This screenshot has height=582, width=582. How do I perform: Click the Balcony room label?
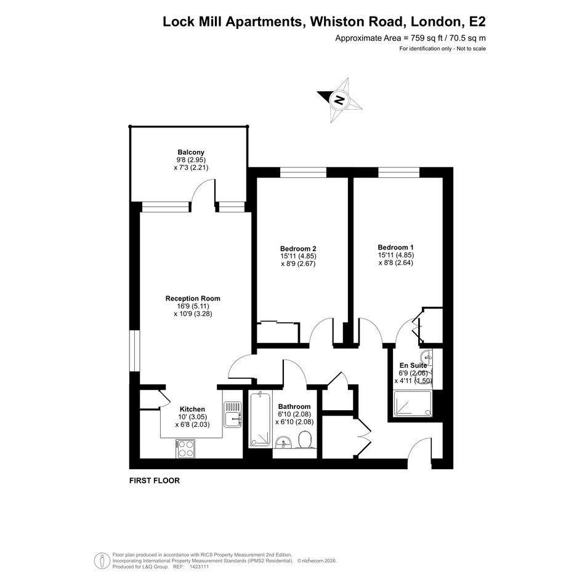coord(191,152)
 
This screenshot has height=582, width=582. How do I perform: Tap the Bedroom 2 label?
coord(298,249)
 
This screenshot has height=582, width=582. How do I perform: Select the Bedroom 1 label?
coord(395,247)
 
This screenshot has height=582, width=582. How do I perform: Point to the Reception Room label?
coord(193,299)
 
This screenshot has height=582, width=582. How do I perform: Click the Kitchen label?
coord(192,409)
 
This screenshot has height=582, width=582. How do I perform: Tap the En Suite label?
coord(413,365)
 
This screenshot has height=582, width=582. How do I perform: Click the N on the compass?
coord(339,100)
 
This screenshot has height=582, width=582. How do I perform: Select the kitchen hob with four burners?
coord(185,448)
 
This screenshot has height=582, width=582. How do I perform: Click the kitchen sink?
coord(233,414)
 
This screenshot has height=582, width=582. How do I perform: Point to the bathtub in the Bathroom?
coord(260,419)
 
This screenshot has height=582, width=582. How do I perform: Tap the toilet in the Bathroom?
coord(304,440)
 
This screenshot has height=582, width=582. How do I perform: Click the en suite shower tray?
coord(413,403)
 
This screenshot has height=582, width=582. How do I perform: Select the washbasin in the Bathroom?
coord(284,442)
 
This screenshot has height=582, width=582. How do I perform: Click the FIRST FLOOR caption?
coord(155,480)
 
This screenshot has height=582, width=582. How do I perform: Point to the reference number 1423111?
coord(199,567)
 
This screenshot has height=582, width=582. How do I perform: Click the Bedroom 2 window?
coord(303,172)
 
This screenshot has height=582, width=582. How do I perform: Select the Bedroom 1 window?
coord(399,172)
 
